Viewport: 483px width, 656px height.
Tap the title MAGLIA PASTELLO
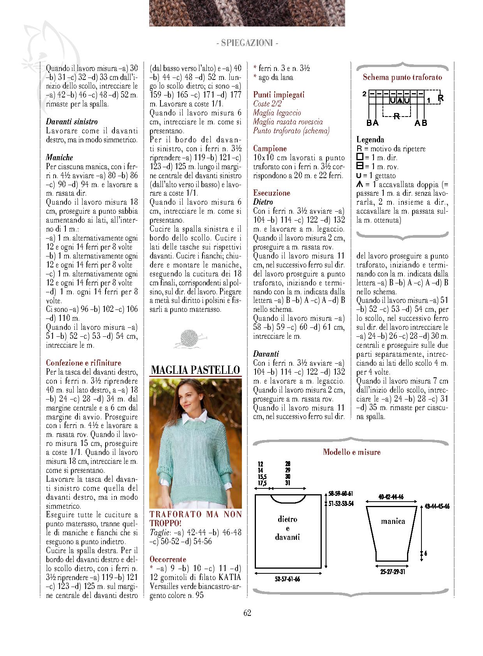coord(195,370)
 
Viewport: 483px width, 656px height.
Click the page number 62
coord(247,613)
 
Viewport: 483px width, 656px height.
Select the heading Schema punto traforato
coord(402,77)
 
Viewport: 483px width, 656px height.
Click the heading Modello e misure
coord(351,452)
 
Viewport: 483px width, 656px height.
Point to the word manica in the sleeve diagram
coord(393,521)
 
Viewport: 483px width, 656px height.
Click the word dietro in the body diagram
coord(287,519)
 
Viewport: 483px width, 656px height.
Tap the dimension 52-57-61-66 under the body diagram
coord(287,579)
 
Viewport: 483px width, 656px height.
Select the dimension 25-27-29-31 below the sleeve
coord(392,572)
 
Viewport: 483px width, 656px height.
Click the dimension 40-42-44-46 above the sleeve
coord(391,497)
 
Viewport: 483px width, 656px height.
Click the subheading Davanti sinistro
coord(72,122)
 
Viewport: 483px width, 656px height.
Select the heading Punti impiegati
coord(279,95)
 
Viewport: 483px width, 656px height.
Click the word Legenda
coord(370,140)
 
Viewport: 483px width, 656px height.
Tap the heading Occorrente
coord(167,559)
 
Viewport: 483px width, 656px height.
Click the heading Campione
coord(270,149)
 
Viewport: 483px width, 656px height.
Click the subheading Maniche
coord(59,157)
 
